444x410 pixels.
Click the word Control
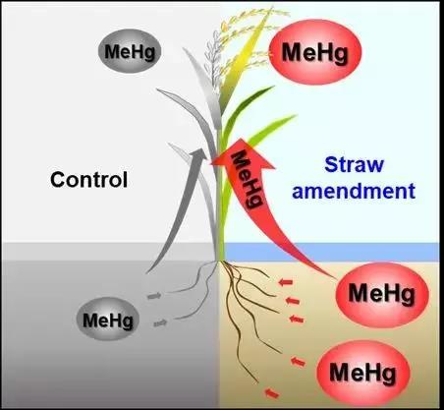[x=88, y=180]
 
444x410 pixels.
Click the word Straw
[x=354, y=164]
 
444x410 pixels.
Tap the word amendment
[x=354, y=191]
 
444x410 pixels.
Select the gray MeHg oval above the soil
[x=130, y=51]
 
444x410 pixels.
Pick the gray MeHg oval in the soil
[x=108, y=320]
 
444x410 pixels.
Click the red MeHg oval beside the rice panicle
[x=315, y=52]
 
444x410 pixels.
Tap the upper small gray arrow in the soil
[x=154, y=296]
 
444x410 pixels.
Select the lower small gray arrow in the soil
[x=160, y=323]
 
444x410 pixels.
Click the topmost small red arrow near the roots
[x=286, y=281]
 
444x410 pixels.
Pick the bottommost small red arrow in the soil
[x=272, y=393]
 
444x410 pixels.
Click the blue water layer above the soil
[x=331, y=252]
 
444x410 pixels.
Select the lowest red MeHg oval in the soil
[x=363, y=373]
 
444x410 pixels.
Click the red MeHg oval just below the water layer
[x=382, y=295]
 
